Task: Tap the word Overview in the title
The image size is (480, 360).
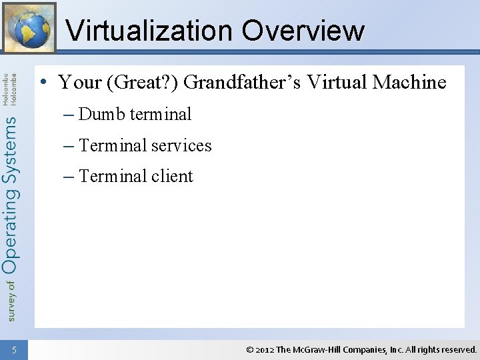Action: (x=303, y=31)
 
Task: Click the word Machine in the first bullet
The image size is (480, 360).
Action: (x=409, y=83)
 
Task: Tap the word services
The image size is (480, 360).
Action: (x=181, y=145)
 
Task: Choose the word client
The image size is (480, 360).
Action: (x=172, y=177)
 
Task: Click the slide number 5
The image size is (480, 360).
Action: (x=14, y=349)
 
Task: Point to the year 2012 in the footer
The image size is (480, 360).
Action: (x=265, y=349)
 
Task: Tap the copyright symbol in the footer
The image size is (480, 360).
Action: (x=249, y=349)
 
